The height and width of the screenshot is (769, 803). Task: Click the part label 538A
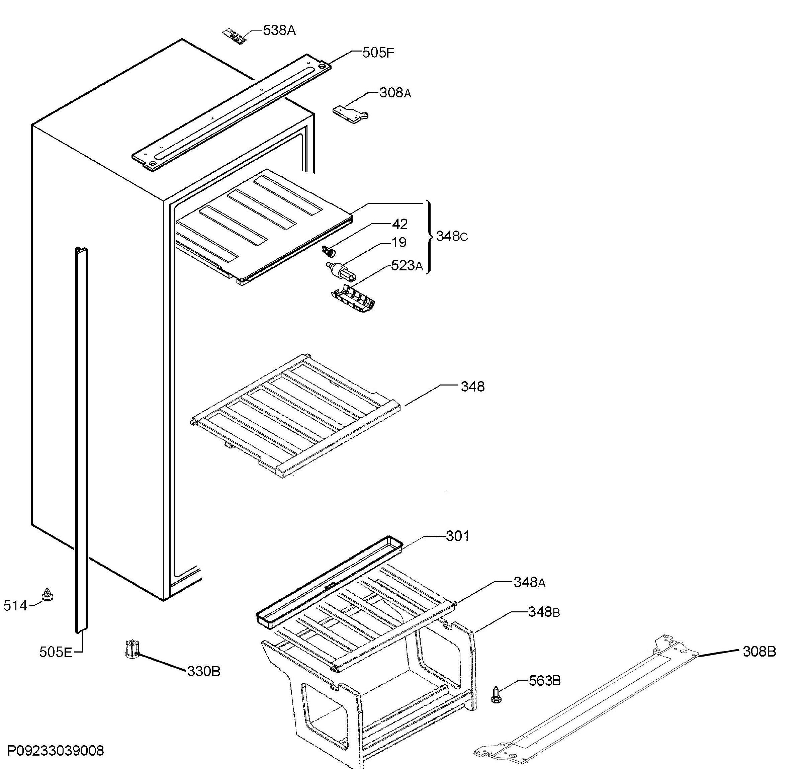pyautogui.click(x=279, y=30)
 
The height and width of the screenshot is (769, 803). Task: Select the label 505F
pyautogui.click(x=378, y=53)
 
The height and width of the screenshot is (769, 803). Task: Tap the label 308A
pyautogui.click(x=395, y=93)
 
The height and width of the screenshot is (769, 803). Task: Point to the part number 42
pyautogui.click(x=400, y=224)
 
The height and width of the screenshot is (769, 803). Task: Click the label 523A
pyautogui.click(x=407, y=266)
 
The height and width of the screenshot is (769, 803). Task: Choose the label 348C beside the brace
pyautogui.click(x=451, y=236)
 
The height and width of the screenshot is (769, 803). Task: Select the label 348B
pyautogui.click(x=544, y=612)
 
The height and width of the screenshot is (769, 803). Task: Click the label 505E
pyautogui.click(x=56, y=652)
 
